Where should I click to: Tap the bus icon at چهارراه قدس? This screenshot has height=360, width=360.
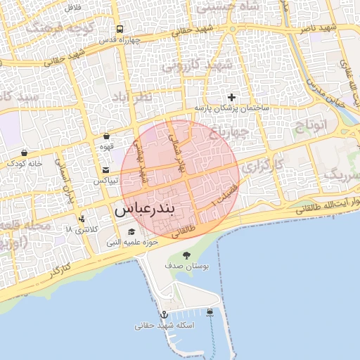pos(120,30)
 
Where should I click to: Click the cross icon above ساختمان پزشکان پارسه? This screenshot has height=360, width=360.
pos(231,96)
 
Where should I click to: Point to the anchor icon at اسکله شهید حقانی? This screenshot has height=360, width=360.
pos(164,314)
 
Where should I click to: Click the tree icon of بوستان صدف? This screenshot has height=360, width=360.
pos(186,255)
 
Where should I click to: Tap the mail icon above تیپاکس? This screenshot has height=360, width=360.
pos(106,169)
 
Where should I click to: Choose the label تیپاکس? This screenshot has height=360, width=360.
pos(106,181)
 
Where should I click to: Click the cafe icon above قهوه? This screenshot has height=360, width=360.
pos(106,136)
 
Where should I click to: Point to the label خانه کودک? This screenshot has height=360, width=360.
pos(25,164)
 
